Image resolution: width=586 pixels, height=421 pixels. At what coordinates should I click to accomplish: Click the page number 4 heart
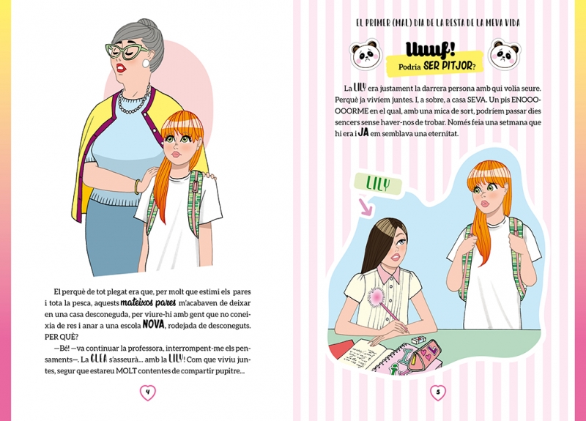pos(148,392)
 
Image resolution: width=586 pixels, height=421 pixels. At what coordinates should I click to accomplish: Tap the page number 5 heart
pos(438,392)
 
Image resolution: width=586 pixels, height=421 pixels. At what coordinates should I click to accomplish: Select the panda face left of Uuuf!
pos(366,56)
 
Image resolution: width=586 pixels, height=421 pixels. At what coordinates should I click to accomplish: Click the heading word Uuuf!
pos(430,51)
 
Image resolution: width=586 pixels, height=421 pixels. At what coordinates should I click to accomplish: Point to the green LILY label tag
pos(378,185)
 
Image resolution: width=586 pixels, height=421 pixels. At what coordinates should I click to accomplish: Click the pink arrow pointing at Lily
pos(365,208)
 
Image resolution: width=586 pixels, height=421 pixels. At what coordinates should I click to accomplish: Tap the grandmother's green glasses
pos(127,51)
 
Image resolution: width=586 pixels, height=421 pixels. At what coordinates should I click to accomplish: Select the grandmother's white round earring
pos(145,64)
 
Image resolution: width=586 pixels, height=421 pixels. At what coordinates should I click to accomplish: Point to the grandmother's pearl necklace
pos(134,100)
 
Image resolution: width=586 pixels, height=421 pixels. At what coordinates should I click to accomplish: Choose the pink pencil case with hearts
pos(425,355)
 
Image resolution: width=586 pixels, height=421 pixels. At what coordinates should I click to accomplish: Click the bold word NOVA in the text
pos(154,324)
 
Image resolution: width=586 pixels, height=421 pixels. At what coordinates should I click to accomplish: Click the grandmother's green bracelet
pos(138,187)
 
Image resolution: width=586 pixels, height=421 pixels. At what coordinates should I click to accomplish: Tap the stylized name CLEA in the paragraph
pos(99,359)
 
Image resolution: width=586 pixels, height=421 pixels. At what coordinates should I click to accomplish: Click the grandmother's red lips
pos(121,68)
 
